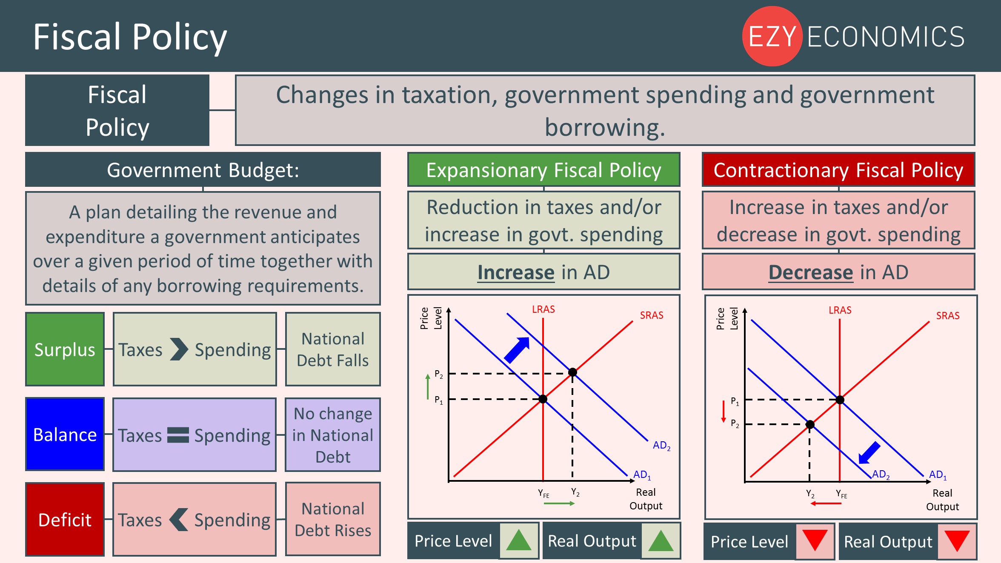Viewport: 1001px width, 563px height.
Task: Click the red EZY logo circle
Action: [x=772, y=36]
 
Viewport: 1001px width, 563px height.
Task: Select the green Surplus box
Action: [x=65, y=349]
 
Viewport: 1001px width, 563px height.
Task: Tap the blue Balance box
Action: [x=65, y=434]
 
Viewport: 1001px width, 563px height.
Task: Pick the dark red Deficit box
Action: [x=65, y=519]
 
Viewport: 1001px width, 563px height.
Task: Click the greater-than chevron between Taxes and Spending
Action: [x=179, y=349]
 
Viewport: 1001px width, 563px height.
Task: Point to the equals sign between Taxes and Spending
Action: [x=178, y=435]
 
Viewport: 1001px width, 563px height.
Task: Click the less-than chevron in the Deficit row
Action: [x=178, y=520]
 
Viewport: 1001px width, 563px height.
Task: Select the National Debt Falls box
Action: [x=333, y=349]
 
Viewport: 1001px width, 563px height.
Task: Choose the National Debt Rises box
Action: [x=333, y=519]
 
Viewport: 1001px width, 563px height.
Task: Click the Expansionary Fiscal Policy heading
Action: [x=543, y=170]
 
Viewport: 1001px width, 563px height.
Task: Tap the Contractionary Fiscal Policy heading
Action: [x=838, y=170]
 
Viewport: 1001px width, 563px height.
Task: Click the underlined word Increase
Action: [x=516, y=272]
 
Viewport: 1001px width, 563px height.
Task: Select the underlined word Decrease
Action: [x=811, y=272]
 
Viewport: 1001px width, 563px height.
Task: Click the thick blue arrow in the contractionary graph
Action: [x=869, y=452]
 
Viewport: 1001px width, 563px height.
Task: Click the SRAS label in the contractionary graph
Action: [x=948, y=316]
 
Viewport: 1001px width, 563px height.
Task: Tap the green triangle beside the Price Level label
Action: [x=519, y=540]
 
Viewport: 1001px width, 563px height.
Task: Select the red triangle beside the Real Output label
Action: [x=957, y=541]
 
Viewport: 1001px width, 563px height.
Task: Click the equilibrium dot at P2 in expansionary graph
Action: [x=573, y=372]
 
